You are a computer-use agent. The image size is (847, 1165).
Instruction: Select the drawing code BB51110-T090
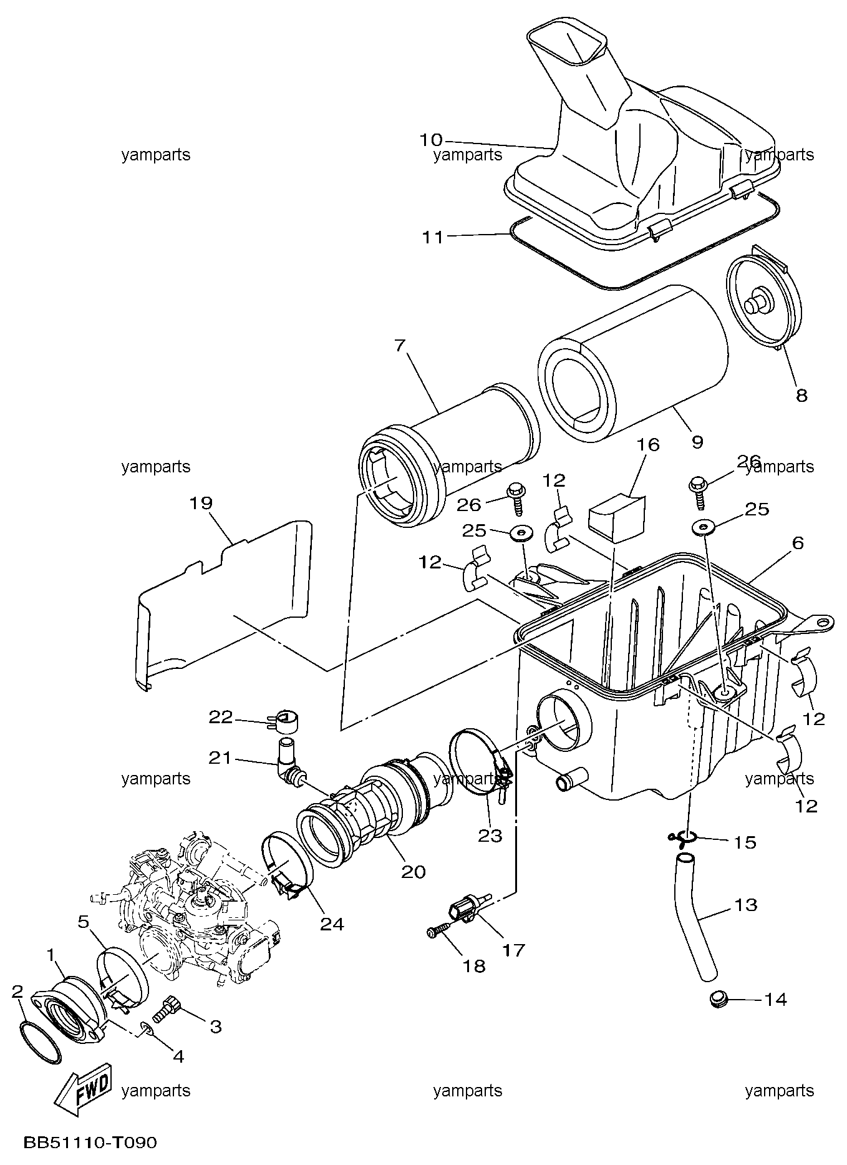coord(90,1143)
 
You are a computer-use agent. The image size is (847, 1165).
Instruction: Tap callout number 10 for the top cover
coord(430,140)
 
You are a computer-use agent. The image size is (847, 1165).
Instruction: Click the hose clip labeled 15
coord(682,838)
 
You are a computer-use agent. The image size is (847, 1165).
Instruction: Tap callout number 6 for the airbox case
coord(798,543)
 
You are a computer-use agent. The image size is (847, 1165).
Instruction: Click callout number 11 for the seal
coord(432,237)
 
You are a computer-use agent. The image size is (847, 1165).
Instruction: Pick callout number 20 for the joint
coord(413,871)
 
